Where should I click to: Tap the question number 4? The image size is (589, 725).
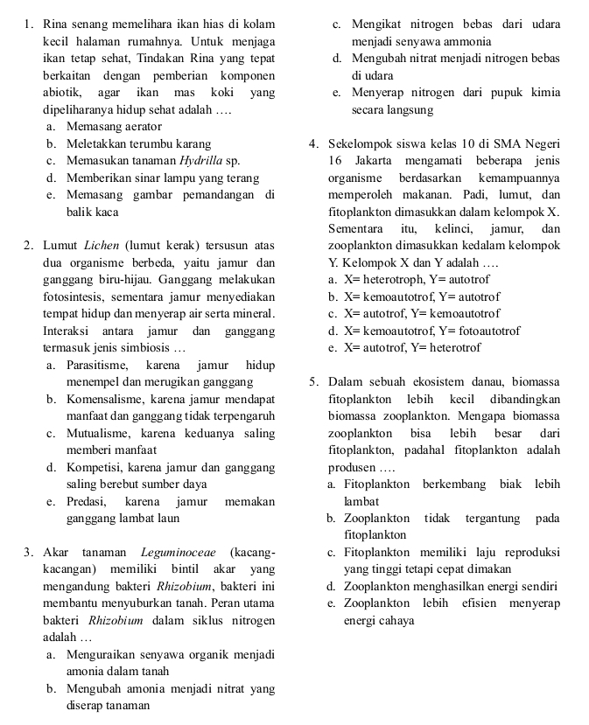[x=313, y=144]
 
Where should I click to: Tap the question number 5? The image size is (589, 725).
[x=313, y=381]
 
